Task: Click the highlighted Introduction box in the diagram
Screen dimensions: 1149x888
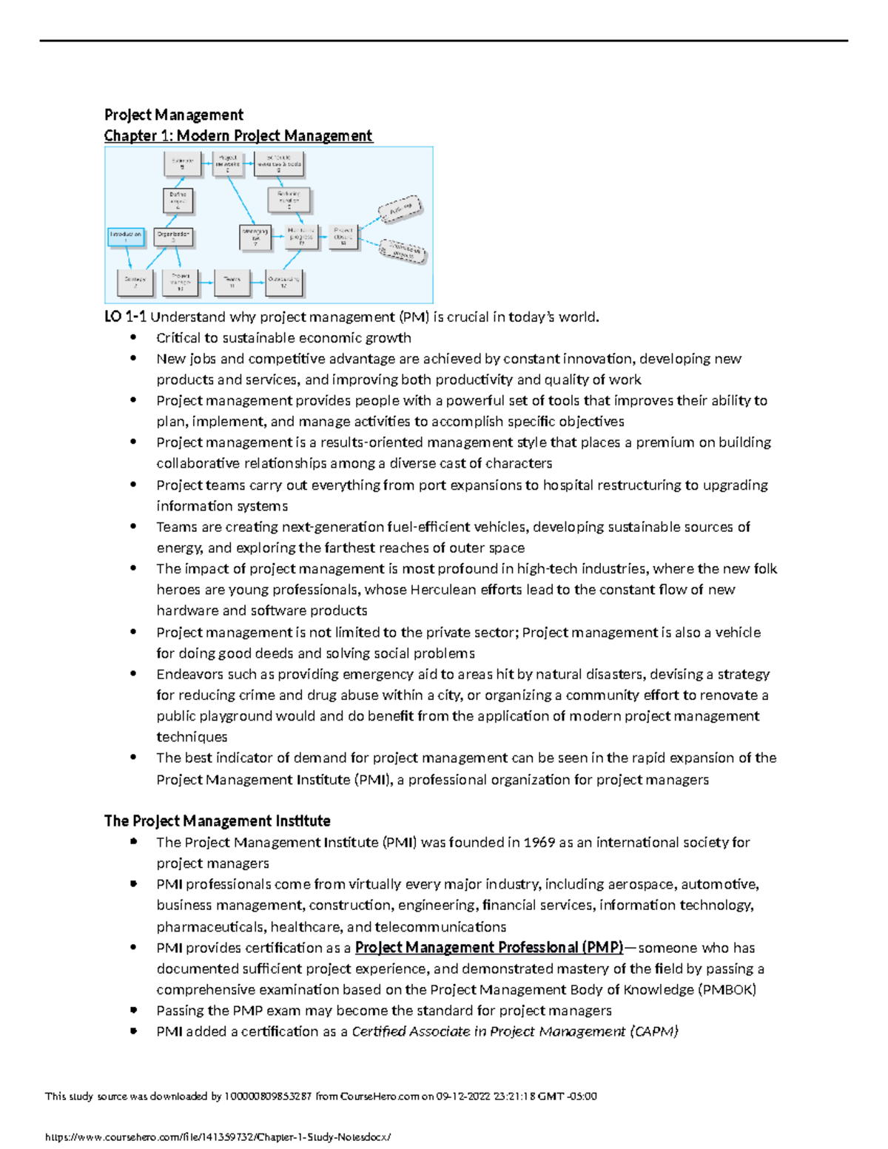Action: pyautogui.click(x=126, y=237)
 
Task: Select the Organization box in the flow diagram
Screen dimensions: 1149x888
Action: pyautogui.click(x=174, y=237)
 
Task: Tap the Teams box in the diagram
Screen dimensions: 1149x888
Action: pyautogui.click(x=232, y=282)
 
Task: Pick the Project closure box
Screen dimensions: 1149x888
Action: pyautogui.click(x=343, y=237)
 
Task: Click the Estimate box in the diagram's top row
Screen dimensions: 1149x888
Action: pyautogui.click(x=182, y=164)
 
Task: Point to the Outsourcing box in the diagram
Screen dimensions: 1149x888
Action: pyautogui.click(x=283, y=282)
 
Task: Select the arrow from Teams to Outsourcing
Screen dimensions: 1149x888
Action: pyautogui.click(x=258, y=282)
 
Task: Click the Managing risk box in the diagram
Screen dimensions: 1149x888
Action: pyautogui.click(x=256, y=237)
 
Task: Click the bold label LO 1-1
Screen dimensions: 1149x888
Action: pyautogui.click(x=125, y=317)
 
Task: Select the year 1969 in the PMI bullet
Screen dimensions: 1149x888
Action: pyautogui.click(x=539, y=843)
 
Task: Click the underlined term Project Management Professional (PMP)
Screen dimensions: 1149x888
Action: pyautogui.click(x=489, y=948)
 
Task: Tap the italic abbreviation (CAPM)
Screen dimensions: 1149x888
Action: pyautogui.click(x=654, y=1031)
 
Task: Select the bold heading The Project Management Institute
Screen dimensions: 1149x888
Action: pyautogui.click(x=217, y=821)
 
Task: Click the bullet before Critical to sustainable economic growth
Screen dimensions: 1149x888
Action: pyautogui.click(x=133, y=337)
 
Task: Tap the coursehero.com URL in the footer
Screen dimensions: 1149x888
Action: pyautogui.click(x=218, y=1137)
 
